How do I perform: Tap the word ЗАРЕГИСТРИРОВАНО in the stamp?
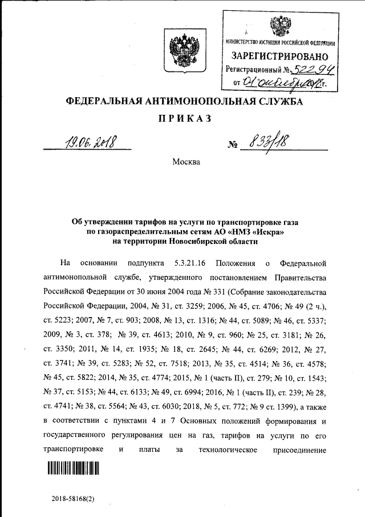tap(280, 56)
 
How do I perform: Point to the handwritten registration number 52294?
tap(313, 70)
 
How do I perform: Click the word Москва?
tap(186, 162)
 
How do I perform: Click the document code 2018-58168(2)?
tap(72, 498)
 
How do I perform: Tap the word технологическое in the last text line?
tap(224, 449)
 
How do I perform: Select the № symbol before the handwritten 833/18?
tap(232, 145)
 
